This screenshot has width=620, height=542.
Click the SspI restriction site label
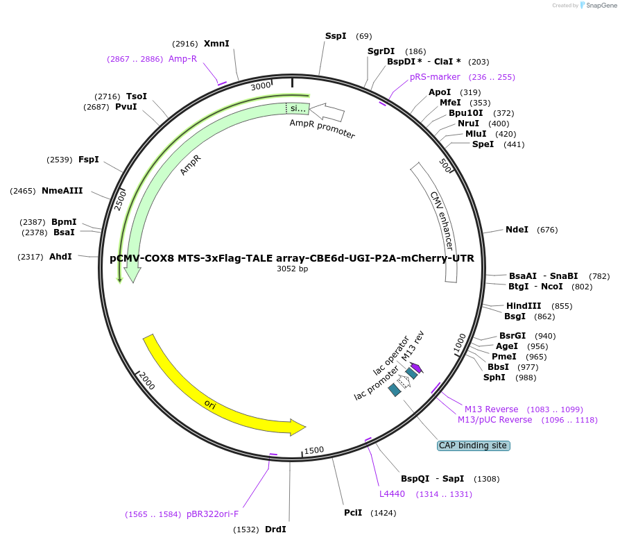coord(336,36)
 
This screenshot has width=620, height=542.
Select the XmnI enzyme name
coord(216,44)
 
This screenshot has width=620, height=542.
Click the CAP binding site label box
coord(473,446)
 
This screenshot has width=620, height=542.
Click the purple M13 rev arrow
coord(417,368)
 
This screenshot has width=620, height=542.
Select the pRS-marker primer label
coord(435,77)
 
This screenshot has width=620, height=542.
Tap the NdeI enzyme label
coord(517,230)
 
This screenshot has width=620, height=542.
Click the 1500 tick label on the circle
coord(314,450)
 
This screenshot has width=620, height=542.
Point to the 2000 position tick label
coord(147,380)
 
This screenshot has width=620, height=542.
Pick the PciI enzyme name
coord(353,513)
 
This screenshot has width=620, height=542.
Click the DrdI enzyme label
coord(275,530)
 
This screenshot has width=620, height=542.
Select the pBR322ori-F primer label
coord(212,514)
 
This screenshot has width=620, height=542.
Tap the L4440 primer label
coord(392,494)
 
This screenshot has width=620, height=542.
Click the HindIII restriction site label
coord(524,306)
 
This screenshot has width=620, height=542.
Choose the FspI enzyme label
coord(89,160)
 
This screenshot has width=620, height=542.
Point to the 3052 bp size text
coord(292,269)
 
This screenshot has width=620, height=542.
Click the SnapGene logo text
coord(601,5)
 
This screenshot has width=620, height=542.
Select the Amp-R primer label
coord(182,59)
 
